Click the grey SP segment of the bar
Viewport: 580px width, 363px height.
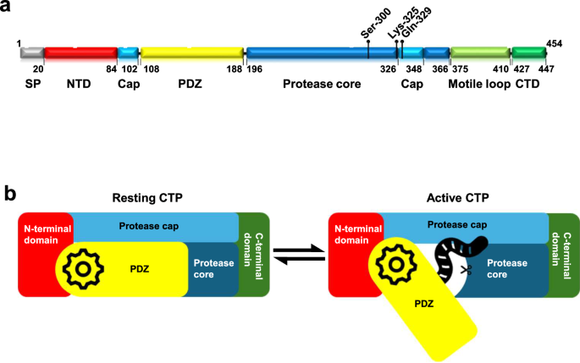pyautogui.click(x=31, y=52)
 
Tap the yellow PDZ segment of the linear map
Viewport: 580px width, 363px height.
pyautogui.click(x=191, y=52)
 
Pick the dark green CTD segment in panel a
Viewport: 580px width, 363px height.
pyautogui.click(x=529, y=52)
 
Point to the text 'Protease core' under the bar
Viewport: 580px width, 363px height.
pyautogui.click(x=322, y=84)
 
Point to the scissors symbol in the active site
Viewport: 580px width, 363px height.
pyautogui.click(x=465, y=270)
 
